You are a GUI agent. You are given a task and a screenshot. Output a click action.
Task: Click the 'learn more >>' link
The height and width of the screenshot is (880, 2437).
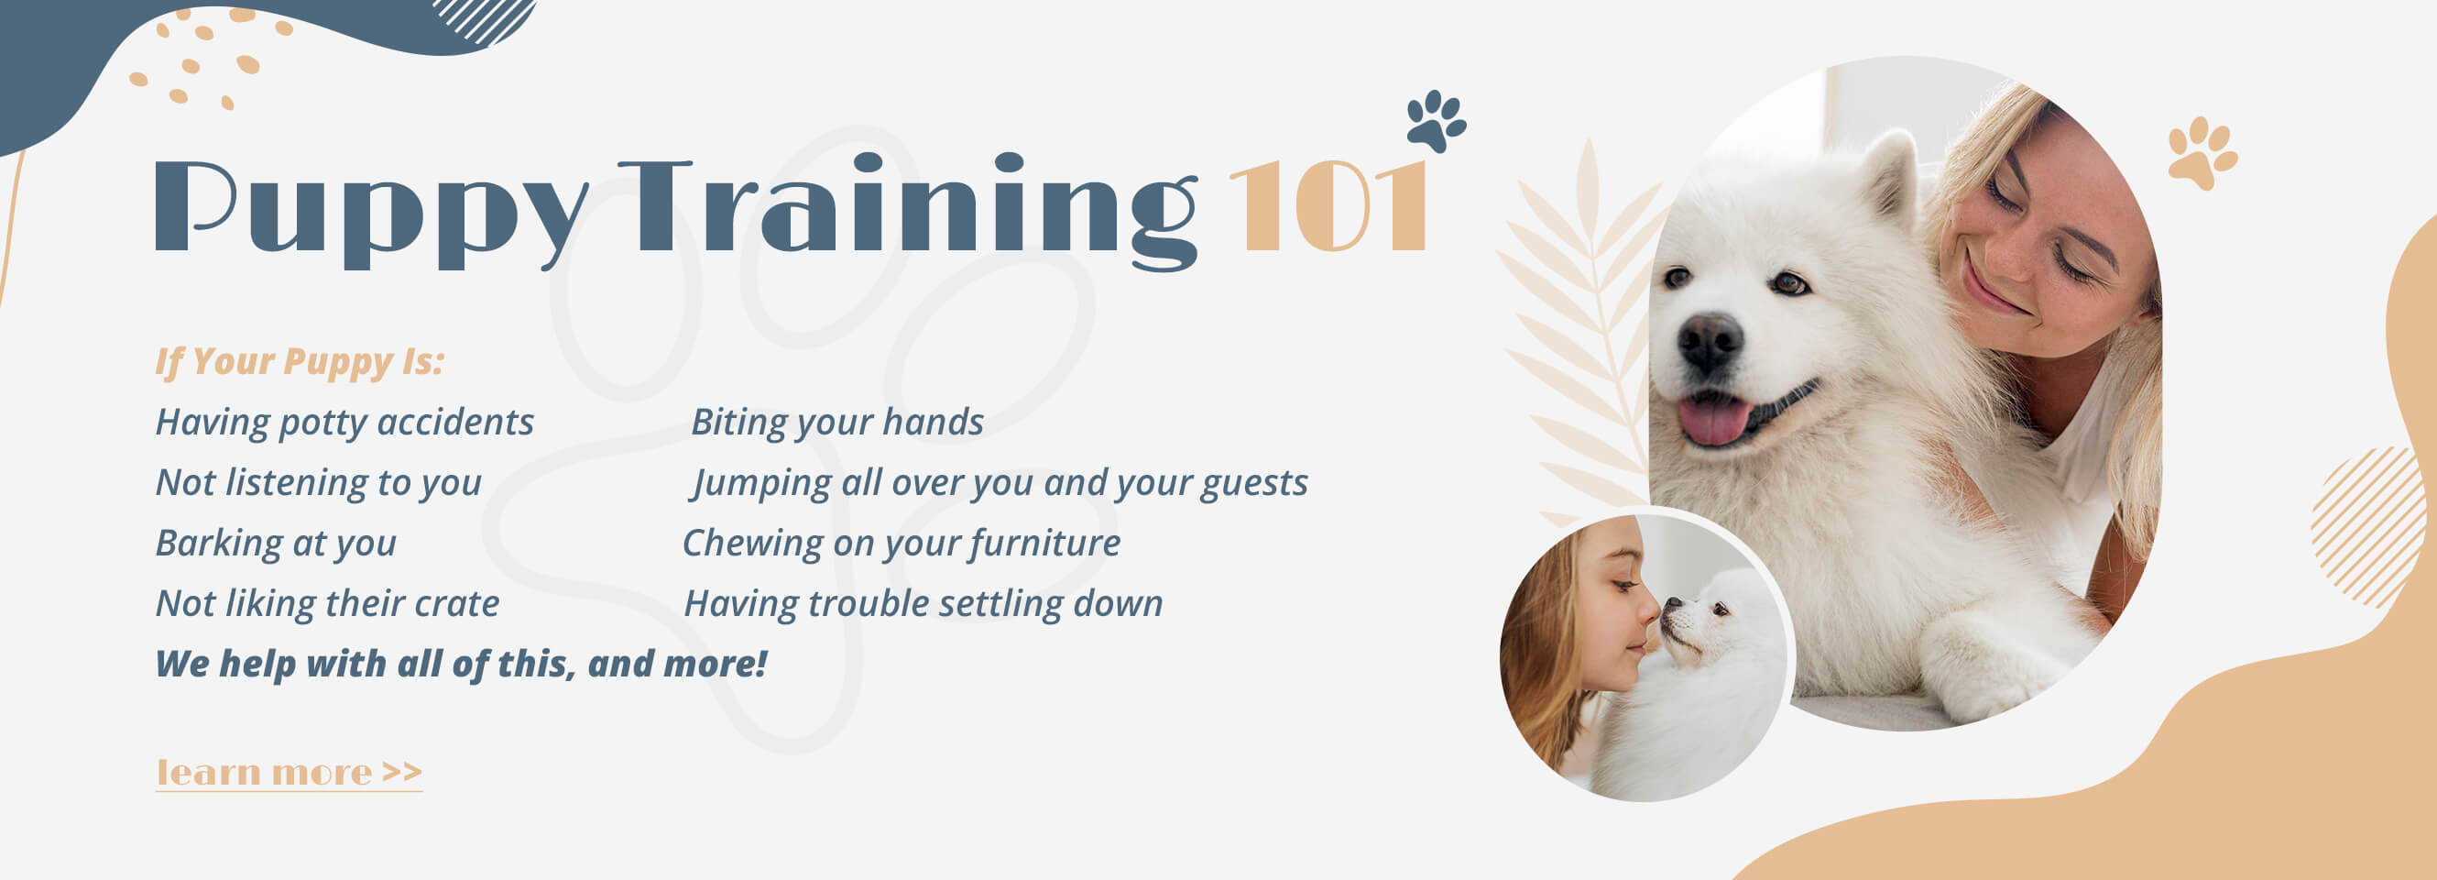[289, 773]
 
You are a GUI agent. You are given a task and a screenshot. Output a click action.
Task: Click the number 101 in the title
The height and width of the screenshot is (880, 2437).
[1329, 205]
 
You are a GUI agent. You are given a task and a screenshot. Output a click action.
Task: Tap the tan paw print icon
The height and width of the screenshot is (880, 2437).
[2202, 152]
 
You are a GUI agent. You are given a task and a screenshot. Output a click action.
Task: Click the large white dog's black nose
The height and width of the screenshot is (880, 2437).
[1710, 342]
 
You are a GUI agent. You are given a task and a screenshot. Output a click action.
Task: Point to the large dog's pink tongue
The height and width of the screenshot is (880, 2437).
[1713, 420]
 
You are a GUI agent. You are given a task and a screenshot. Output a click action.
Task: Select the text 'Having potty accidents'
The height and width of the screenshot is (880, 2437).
[344, 423]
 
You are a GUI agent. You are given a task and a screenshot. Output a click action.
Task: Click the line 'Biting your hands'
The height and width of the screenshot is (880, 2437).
[837, 423]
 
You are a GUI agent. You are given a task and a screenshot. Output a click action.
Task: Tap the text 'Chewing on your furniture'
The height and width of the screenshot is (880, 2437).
[901, 544]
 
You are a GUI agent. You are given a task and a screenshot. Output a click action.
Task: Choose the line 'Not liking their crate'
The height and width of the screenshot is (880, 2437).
[327, 604]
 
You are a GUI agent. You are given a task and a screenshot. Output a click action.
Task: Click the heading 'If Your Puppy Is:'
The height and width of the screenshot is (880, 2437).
[300, 362]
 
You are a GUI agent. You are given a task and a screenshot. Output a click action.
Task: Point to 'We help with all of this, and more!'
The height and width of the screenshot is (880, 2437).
[461, 665]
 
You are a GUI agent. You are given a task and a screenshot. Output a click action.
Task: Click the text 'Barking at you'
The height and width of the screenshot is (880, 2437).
[275, 544]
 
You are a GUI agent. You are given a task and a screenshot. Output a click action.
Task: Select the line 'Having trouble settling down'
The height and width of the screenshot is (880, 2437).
[923, 605]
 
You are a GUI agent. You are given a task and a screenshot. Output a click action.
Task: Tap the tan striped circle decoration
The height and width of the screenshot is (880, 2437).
[2368, 527]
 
